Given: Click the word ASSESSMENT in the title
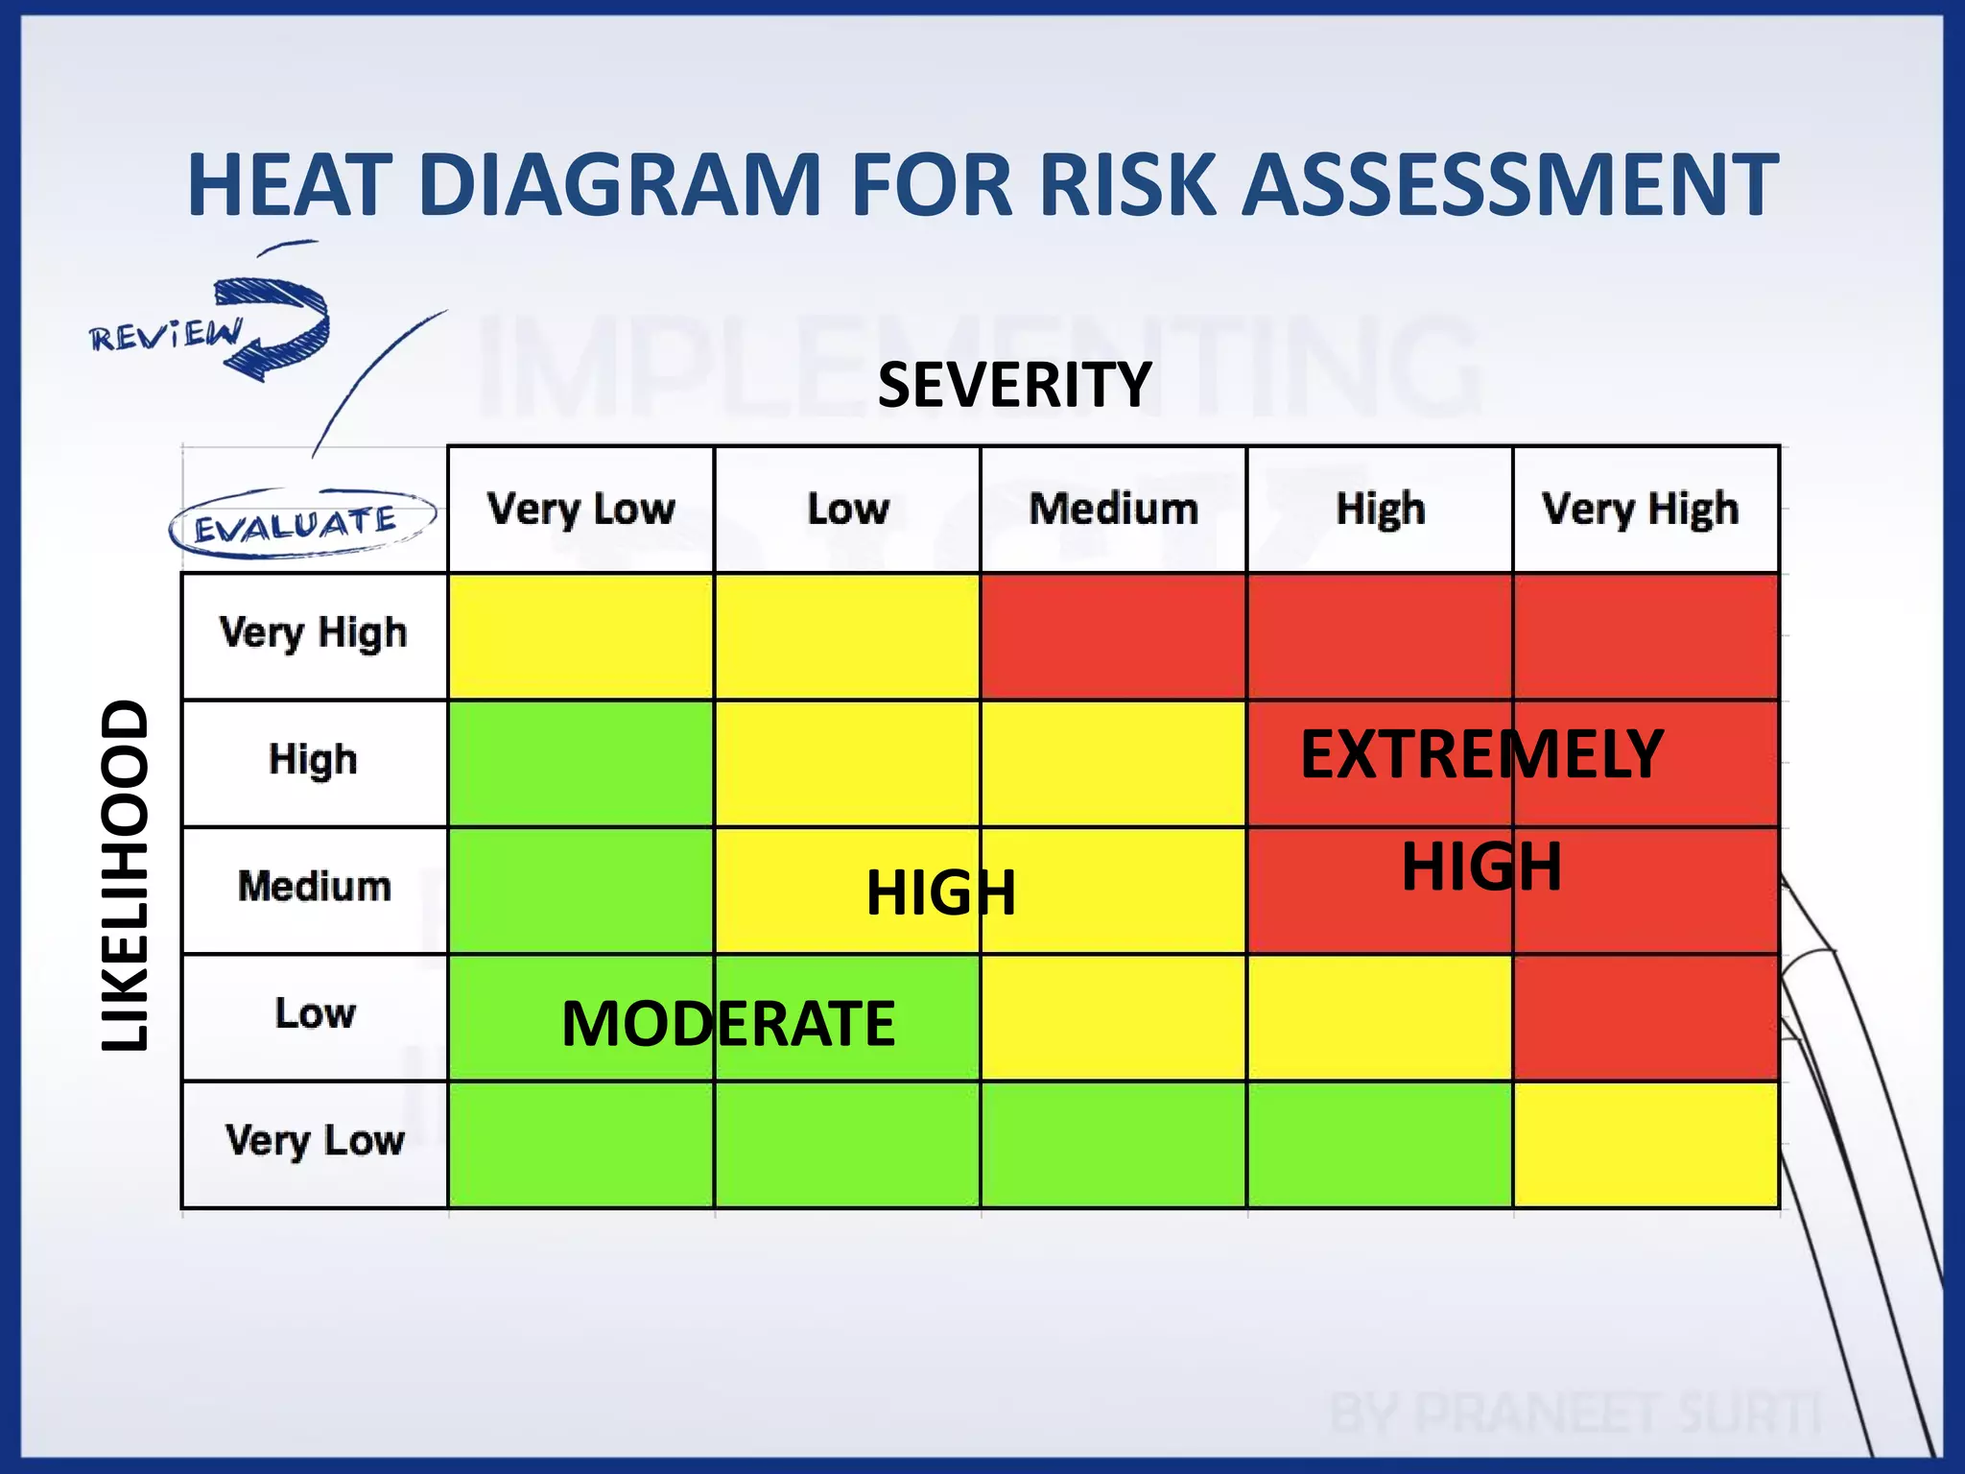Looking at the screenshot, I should [x=1509, y=184].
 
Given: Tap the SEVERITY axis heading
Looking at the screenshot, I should [x=1014, y=385].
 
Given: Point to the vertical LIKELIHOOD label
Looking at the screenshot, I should [x=126, y=875].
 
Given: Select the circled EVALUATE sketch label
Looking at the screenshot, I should [x=297, y=524].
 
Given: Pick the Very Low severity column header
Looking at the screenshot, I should [x=581, y=509].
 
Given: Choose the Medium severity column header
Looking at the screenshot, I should [x=1113, y=509].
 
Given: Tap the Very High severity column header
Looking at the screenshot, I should [x=1641, y=509].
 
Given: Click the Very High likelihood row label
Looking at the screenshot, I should [x=314, y=634].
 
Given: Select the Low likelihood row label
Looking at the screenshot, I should [x=314, y=1013].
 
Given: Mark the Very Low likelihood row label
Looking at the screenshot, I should [x=314, y=1141].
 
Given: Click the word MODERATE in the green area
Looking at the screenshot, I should [x=727, y=1024].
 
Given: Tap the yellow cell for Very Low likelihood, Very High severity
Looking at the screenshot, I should [x=1645, y=1144].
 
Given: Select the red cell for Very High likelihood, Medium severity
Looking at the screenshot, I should [x=1113, y=636].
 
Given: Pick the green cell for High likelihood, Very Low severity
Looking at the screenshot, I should [x=581, y=763].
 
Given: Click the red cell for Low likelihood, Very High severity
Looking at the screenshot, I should [x=1645, y=1017].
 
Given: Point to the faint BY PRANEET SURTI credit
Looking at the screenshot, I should [x=1574, y=1414].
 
